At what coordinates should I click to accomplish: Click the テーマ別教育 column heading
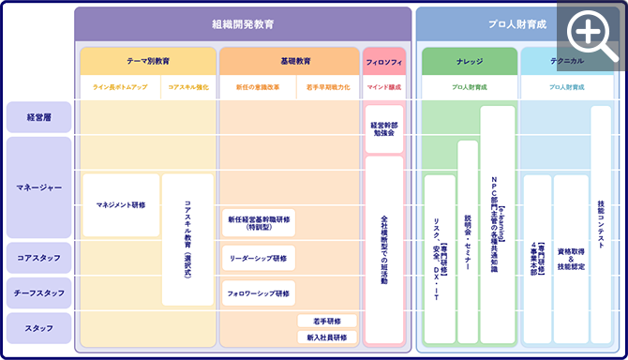coord(148,61)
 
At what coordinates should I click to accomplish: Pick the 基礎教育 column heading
coord(289,61)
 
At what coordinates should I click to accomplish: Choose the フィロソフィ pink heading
coord(383,61)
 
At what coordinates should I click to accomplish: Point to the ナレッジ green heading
coord(469,61)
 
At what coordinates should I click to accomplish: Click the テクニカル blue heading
coord(567,61)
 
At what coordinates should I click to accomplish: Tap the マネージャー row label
coord(38,187)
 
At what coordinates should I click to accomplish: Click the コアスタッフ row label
coord(38,256)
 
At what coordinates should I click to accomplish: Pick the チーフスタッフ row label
coord(38,293)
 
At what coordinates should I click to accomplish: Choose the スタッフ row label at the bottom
coord(38,328)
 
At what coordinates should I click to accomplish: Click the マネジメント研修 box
coord(121,204)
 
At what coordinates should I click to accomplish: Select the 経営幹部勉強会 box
coord(383,128)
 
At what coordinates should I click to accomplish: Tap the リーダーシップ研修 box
coord(259,257)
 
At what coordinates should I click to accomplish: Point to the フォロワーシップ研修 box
coord(259,292)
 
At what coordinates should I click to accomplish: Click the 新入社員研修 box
coord(326,337)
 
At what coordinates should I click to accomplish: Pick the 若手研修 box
coord(326,321)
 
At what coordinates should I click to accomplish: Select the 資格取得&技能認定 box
coord(571,259)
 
